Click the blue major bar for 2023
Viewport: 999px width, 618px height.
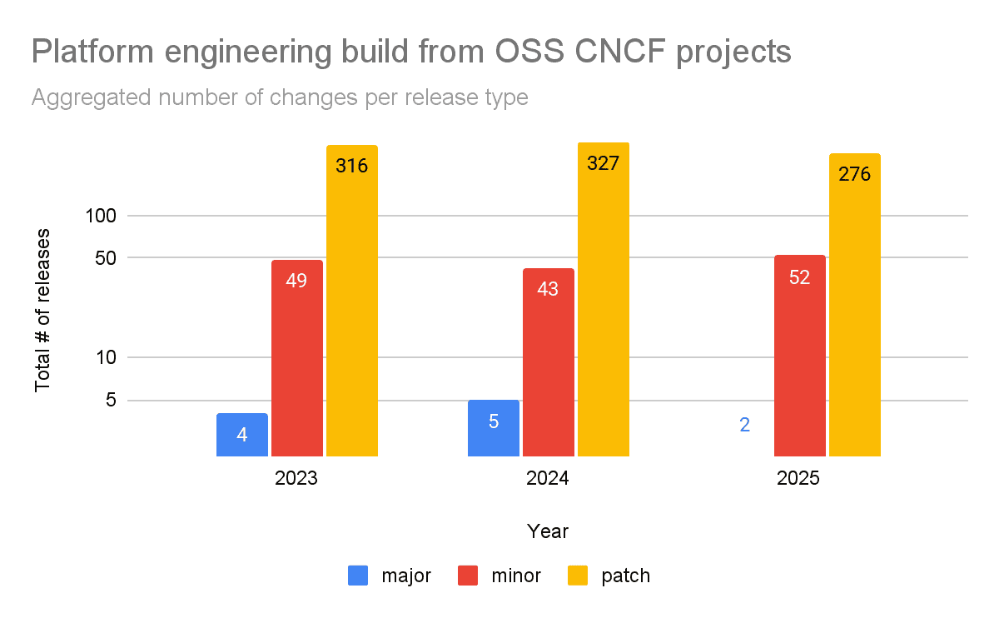point(241,435)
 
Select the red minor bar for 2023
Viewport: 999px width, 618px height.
point(296,358)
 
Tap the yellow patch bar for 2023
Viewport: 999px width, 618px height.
point(351,301)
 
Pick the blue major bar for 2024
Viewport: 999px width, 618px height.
point(493,428)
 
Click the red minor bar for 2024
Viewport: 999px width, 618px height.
point(548,362)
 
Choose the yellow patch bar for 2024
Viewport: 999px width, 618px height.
point(603,300)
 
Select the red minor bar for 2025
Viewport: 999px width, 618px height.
point(799,356)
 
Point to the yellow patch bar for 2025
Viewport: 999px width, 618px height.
point(854,305)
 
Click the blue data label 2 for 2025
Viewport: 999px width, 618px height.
point(744,425)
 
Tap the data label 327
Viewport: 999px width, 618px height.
point(603,163)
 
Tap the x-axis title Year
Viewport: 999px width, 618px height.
point(548,531)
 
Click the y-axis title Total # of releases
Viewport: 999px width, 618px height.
point(42,309)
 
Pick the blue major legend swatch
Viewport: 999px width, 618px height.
point(359,576)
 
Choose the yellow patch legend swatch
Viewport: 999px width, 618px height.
point(577,576)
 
